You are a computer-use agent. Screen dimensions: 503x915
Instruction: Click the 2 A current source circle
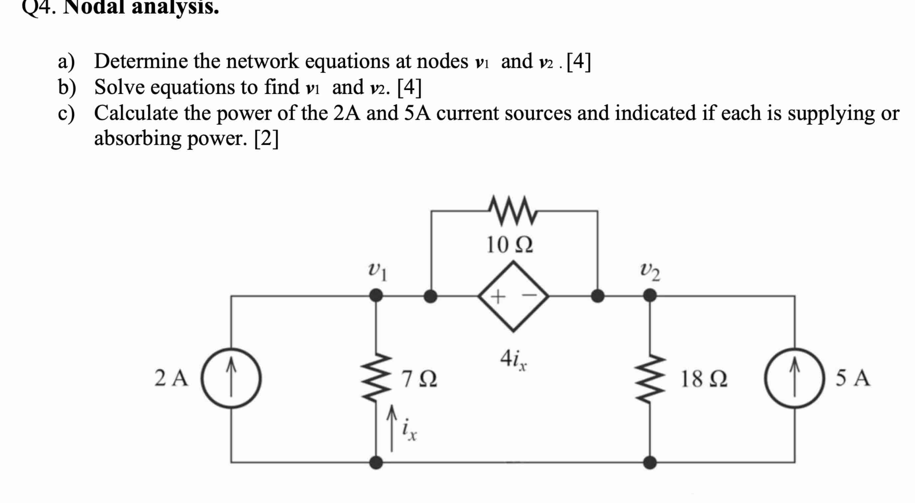click(x=231, y=378)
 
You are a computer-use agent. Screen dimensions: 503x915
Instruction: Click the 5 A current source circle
click(x=794, y=378)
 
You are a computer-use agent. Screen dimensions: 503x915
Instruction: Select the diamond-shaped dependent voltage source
click(x=513, y=296)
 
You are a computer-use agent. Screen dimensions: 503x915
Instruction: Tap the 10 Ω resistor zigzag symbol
click(x=513, y=211)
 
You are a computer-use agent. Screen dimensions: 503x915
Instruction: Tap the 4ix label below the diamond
click(x=514, y=359)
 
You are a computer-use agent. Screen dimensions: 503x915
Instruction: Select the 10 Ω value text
click(x=510, y=245)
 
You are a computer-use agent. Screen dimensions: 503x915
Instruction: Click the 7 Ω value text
click(x=419, y=379)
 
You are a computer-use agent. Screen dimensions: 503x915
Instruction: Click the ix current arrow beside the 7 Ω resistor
click(x=392, y=428)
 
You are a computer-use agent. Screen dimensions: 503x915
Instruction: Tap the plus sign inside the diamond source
click(x=498, y=296)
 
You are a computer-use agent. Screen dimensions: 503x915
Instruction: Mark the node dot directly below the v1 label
click(x=376, y=295)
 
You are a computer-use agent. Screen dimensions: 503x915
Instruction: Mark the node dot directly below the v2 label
click(x=650, y=295)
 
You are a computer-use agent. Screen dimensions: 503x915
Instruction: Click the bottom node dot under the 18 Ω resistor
click(x=650, y=462)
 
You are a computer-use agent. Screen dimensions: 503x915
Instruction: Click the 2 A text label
click(x=171, y=378)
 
